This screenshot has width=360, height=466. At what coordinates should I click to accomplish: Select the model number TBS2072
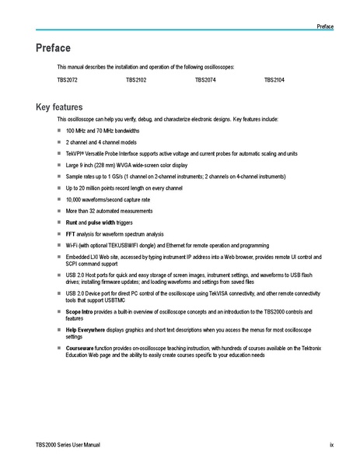67,80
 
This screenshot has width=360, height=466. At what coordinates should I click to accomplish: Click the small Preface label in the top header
325,26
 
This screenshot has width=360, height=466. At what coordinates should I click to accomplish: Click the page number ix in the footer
331,445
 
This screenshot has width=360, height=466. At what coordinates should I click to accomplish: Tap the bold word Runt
72,222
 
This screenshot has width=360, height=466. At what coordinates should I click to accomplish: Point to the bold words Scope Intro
80,311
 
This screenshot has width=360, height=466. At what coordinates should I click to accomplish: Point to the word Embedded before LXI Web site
79,256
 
